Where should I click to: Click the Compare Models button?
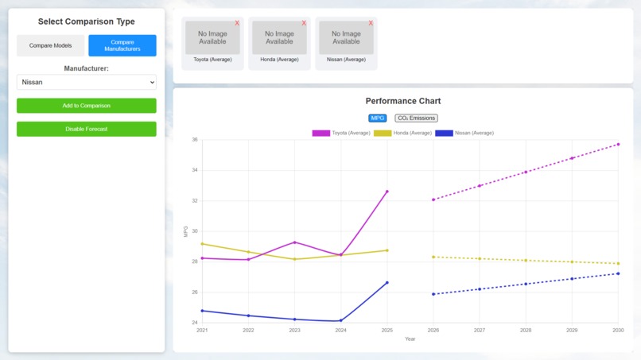pyautogui.click(x=51, y=45)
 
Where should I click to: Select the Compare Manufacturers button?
pyautogui.click(x=122, y=45)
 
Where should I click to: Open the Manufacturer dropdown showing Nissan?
pyautogui.click(x=87, y=82)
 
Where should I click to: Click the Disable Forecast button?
pyautogui.click(x=87, y=129)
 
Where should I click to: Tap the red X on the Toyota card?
pyautogui.click(x=237, y=23)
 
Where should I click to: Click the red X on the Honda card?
pyautogui.click(x=304, y=23)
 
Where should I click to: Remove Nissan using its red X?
pyautogui.click(x=371, y=23)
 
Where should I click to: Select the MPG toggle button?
pyautogui.click(x=378, y=118)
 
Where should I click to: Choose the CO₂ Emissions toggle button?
pyautogui.click(x=416, y=118)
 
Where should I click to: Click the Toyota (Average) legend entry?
pyautogui.click(x=341, y=133)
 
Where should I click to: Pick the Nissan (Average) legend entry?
pyautogui.click(x=464, y=133)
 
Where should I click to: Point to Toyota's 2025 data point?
pyautogui.click(x=387, y=192)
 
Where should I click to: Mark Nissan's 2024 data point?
pyautogui.click(x=341, y=321)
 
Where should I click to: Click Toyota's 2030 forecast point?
pyautogui.click(x=618, y=145)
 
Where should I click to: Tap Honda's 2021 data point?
pyautogui.click(x=202, y=244)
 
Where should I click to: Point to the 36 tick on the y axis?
pyautogui.click(x=194, y=140)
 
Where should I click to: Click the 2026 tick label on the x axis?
pyautogui.click(x=433, y=330)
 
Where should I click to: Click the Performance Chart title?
pyautogui.click(x=403, y=101)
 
